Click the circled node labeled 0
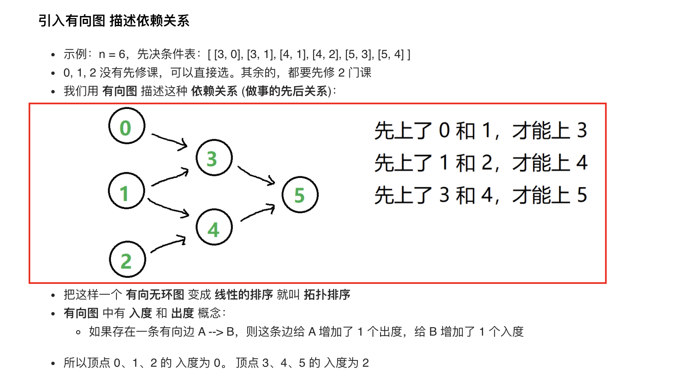pos(127,126)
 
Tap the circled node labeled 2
pos(127,259)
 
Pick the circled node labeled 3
pos(214,158)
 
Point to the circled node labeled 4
pos(214,227)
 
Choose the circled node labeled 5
pos(300,195)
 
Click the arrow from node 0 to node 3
pos(169,140)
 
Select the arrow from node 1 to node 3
pos(170,177)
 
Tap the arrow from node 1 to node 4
pos(169,208)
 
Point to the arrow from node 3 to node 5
pos(256,175)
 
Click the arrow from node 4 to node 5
pos(257,212)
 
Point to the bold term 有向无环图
pos(155,294)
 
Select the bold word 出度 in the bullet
pos(182,313)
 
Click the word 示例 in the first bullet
pos(75,54)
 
